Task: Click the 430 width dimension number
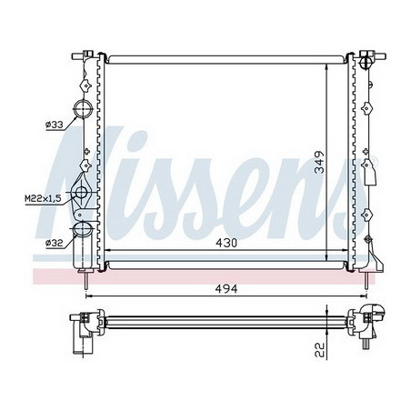(x=225, y=243)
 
